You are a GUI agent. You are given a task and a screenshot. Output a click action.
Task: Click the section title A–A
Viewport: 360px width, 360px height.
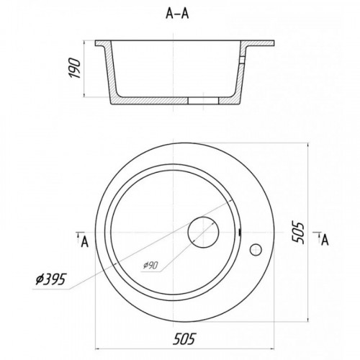tap(177, 14)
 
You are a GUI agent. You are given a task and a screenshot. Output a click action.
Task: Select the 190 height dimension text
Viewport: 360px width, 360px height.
tap(74, 68)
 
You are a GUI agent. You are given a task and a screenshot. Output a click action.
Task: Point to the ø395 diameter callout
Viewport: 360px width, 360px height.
tap(50, 279)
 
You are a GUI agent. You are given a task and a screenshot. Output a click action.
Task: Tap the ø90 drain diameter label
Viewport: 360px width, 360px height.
tap(150, 265)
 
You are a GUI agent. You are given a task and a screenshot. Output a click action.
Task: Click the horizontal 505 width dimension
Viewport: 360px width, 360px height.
tap(184, 338)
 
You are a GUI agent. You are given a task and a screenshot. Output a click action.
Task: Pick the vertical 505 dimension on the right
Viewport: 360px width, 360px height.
tap(298, 233)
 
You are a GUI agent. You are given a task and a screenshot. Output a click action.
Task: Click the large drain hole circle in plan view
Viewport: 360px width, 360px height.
tap(203, 233)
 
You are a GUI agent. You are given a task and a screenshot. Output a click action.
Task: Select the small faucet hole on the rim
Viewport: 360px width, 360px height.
tap(256, 250)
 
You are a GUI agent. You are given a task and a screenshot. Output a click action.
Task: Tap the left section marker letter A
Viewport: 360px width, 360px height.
tap(85, 242)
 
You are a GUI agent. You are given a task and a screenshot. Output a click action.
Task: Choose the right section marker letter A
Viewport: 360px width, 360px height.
tap(325, 240)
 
